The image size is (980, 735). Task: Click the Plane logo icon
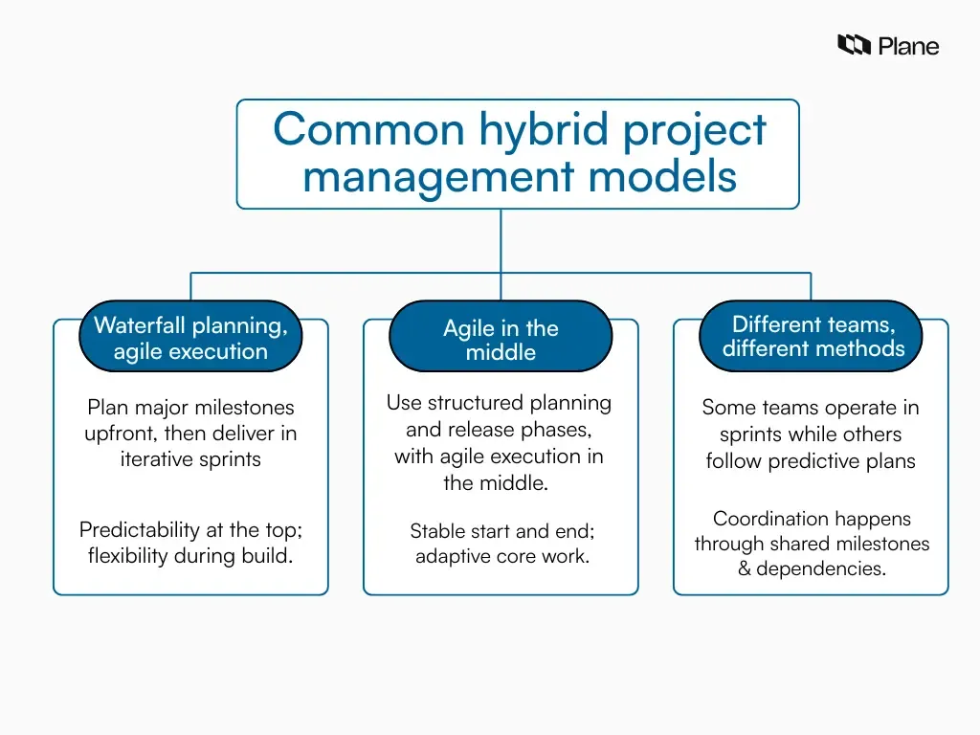coord(854,45)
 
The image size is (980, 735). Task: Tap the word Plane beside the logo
coord(908,46)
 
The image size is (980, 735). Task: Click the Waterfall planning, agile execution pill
coord(190,338)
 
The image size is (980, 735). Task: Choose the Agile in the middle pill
coord(501,340)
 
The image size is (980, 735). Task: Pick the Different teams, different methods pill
coord(813,336)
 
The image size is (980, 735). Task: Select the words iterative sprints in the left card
coord(190,459)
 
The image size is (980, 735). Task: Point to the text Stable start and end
coord(501,530)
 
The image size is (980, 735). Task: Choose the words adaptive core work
coord(501,556)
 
